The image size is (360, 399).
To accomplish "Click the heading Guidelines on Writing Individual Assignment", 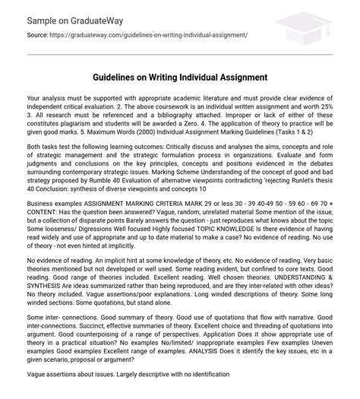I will point(180,78).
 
